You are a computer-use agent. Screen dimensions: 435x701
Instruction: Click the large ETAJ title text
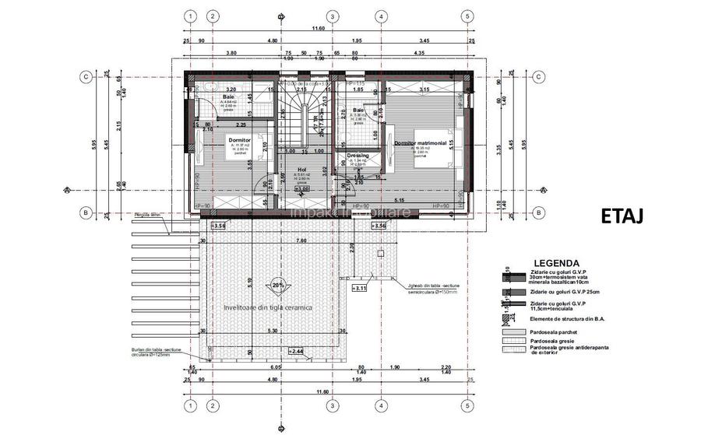[622, 216]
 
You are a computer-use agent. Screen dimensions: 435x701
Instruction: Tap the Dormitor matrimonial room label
[420, 144]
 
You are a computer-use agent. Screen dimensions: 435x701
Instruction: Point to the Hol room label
[301, 167]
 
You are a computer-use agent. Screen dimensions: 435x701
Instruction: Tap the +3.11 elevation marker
[359, 289]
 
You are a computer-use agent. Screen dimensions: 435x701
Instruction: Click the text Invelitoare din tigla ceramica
[267, 307]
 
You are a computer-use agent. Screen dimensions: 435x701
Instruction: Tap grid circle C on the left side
[84, 76]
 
